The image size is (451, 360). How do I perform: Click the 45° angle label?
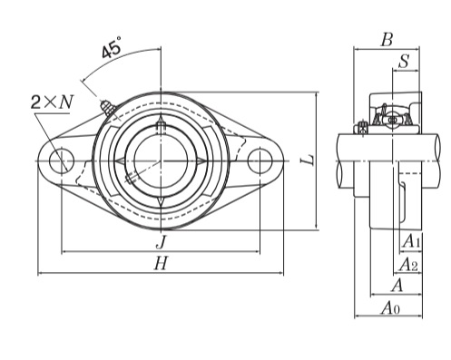coord(112,47)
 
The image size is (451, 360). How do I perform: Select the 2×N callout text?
coord(52,102)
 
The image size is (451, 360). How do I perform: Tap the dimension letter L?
coord(309,160)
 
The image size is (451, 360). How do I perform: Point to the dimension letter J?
coord(162,241)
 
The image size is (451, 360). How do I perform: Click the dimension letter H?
coord(161,263)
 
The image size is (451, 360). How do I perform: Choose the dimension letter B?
coord(387,40)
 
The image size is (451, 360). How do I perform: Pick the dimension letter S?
coord(404,61)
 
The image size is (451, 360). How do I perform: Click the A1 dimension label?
coord(411,241)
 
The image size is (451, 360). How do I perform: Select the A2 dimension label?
coord(408,265)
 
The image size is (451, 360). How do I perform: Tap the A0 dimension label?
coord(390,308)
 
